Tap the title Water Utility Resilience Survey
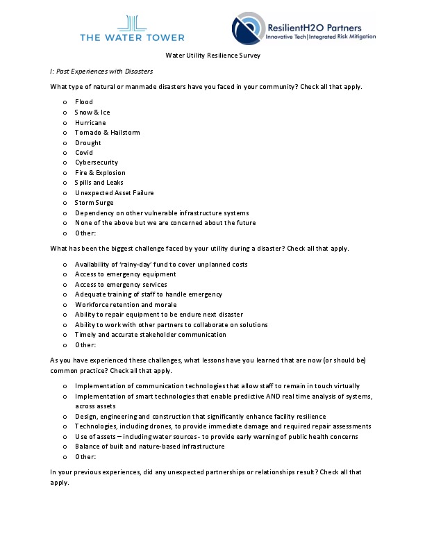tap(212, 55)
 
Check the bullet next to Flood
tap(65, 103)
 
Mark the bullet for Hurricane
tap(65, 123)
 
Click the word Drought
tap(87, 143)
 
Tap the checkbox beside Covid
tap(65, 153)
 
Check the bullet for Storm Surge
tap(65, 203)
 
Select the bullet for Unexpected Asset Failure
tap(65, 193)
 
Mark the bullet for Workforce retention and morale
tap(65, 305)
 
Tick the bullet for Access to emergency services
tap(65, 285)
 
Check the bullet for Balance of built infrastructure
tap(65, 447)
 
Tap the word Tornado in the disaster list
tap(87, 133)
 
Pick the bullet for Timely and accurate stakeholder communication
tap(65, 335)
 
